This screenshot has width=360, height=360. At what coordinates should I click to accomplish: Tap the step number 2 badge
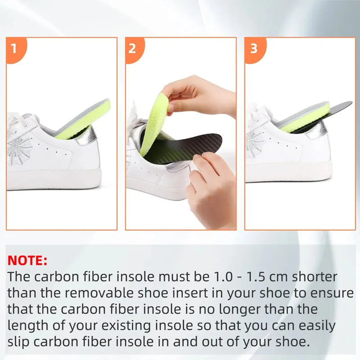(x=132, y=48)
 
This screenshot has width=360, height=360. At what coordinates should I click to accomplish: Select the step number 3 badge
(x=254, y=48)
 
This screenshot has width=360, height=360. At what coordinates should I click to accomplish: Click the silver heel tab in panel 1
(x=86, y=135)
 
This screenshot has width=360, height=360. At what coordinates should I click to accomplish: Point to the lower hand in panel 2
(x=211, y=189)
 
